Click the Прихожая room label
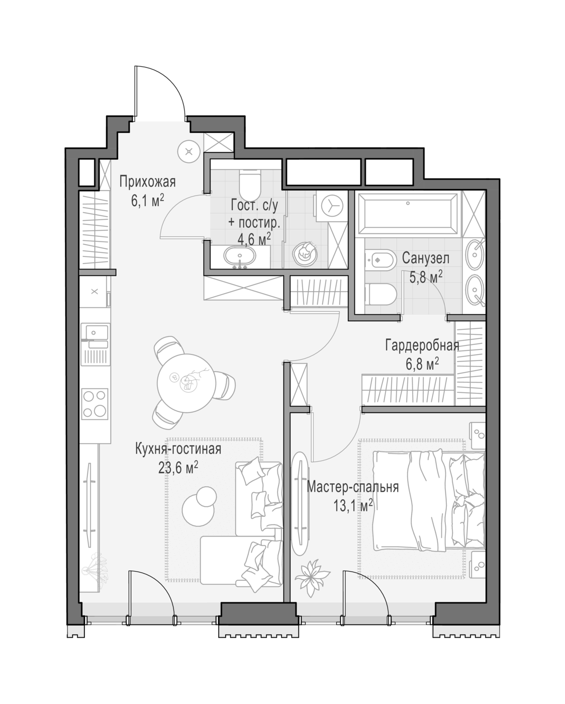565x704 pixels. coord(147,182)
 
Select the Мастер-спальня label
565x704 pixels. coord(353,487)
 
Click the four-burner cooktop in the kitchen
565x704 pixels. coord(95,404)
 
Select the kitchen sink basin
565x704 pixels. coord(95,333)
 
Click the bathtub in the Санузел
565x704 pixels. coord(408,214)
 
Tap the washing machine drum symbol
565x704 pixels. coord(333,206)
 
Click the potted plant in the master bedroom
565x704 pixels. coord(312,577)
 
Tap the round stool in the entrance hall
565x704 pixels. coord(189,151)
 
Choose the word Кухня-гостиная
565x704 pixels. coord(178,449)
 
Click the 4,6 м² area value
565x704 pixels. coord(254,239)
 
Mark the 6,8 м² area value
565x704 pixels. coord(422,364)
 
